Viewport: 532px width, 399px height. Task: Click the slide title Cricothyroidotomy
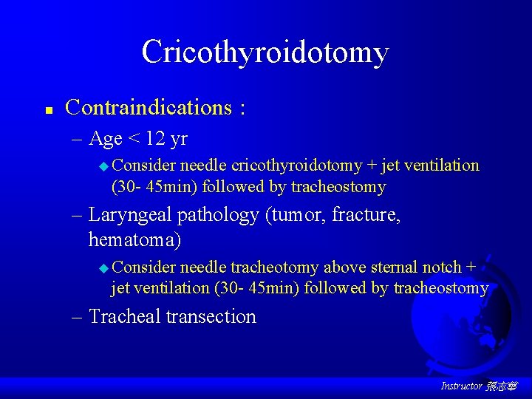point(265,52)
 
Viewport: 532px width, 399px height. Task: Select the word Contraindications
point(149,108)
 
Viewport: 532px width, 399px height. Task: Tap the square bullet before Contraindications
point(47,110)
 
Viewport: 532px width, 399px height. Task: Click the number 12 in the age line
point(157,138)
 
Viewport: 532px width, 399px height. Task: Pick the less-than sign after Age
point(134,139)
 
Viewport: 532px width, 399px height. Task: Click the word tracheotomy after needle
point(275,267)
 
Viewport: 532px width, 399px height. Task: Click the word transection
point(211,317)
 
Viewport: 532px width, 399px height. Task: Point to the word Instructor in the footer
point(461,386)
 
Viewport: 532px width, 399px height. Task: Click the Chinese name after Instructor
point(502,386)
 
